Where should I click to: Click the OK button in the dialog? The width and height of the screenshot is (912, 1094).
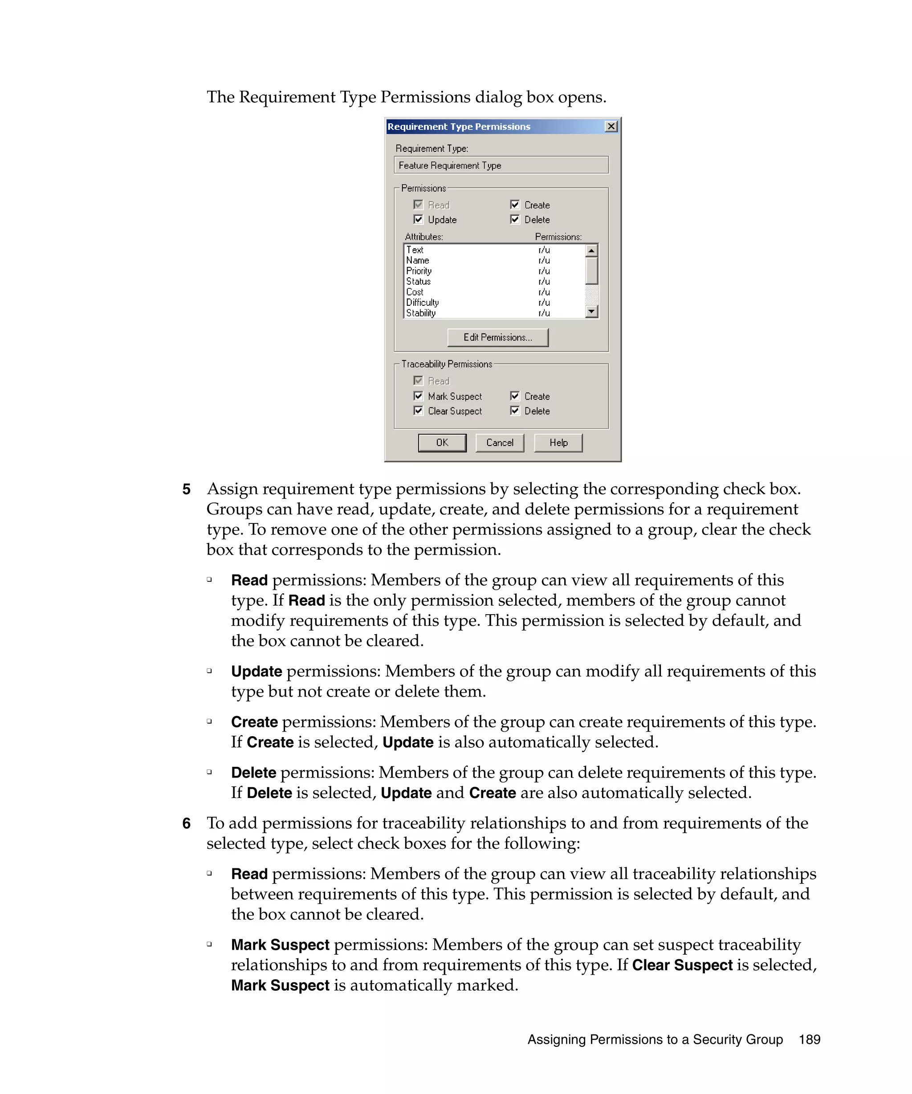[x=441, y=442]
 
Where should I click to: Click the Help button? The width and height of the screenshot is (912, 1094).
[x=558, y=442]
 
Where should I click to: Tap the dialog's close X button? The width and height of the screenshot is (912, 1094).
[x=611, y=126]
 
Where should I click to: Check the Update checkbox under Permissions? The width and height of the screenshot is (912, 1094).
[x=418, y=219]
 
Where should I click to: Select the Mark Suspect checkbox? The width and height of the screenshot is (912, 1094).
[x=418, y=396]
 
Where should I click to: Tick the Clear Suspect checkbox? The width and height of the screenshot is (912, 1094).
[x=418, y=410]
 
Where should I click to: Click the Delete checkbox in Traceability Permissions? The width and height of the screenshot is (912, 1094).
[x=515, y=410]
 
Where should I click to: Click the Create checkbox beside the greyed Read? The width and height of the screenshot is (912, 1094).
[x=515, y=205]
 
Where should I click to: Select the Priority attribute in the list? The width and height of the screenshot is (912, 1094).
[x=419, y=271]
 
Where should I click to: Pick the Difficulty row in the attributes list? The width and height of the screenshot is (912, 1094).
[x=422, y=302]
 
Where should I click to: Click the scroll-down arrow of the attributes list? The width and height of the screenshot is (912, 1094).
[x=591, y=312]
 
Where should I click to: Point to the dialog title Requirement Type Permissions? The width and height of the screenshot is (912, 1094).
[x=459, y=126]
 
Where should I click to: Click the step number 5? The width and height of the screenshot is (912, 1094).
[x=186, y=489]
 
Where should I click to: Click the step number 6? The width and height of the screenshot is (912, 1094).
[x=186, y=823]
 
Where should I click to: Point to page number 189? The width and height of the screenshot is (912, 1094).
[x=809, y=1039]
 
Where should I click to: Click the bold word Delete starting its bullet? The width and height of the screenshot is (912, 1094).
[x=253, y=773]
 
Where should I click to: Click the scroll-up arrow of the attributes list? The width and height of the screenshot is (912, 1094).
[x=591, y=251]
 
